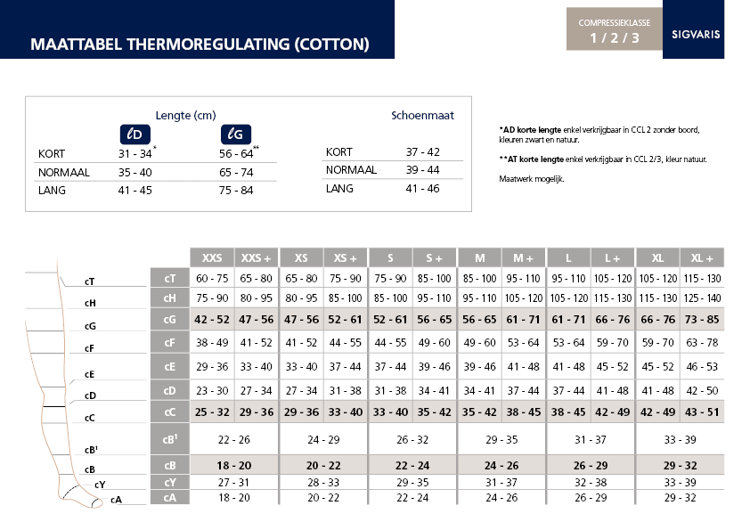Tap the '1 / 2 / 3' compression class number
coord(614,37)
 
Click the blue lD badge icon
coord(135,134)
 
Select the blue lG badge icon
coord(235,134)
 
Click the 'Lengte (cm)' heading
coord(185,115)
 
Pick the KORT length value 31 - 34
coord(135,153)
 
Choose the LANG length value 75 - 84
coord(236,190)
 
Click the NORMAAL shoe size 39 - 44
coord(423,170)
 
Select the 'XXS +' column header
coord(257,257)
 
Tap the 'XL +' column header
coord(702,257)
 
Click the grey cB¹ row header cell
coord(169,439)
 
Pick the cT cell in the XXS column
coord(212,279)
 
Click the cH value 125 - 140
coord(702,299)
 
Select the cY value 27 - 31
coord(234,482)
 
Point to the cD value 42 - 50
coord(702,390)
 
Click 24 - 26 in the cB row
coord(501,465)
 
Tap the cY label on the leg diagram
coord(100,485)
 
